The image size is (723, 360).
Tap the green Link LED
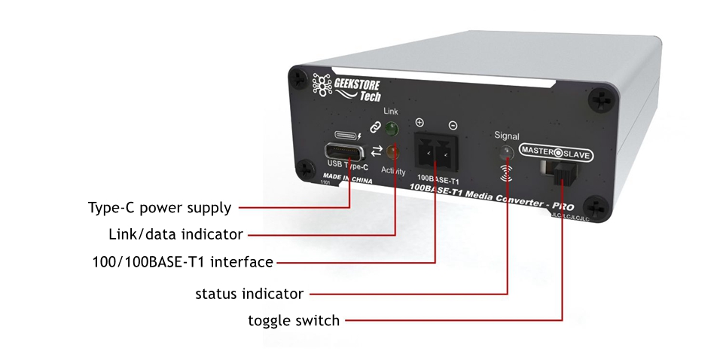coord(391,130)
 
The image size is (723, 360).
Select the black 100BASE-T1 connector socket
coord(435,154)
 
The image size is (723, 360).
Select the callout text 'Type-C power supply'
coord(160,207)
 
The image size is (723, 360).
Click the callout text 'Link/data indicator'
coord(176,234)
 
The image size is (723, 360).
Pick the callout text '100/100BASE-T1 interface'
coord(179,262)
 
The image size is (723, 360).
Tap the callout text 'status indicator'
coord(249,293)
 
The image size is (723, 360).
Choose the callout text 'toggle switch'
coord(294,321)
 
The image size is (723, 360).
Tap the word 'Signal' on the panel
coord(506,136)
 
